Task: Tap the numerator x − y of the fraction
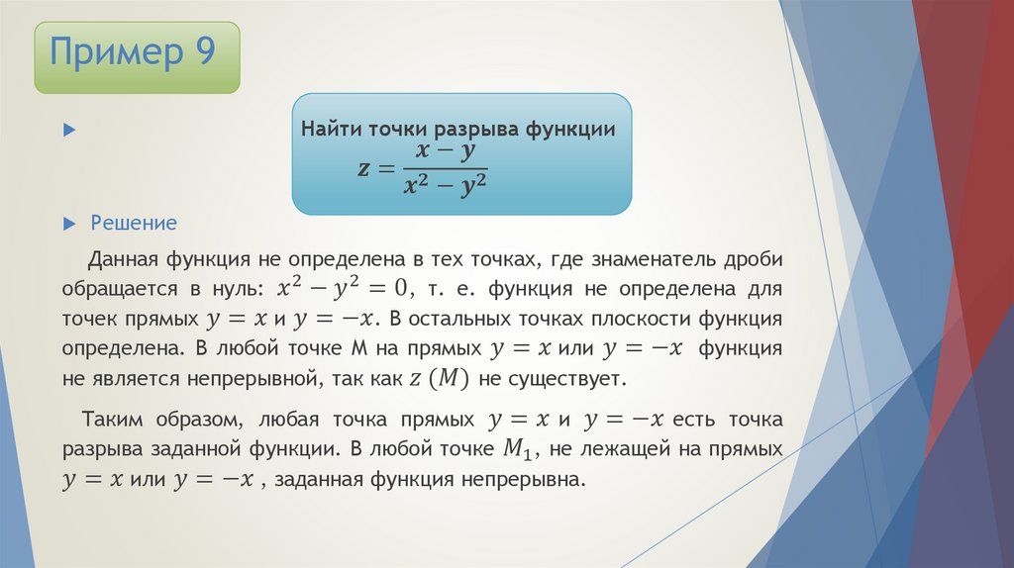pos(446,151)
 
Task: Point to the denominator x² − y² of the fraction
pos(446,186)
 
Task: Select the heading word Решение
pos(134,223)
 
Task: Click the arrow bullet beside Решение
pos(68,223)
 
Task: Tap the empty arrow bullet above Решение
pos(68,130)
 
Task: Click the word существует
pos(570,379)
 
